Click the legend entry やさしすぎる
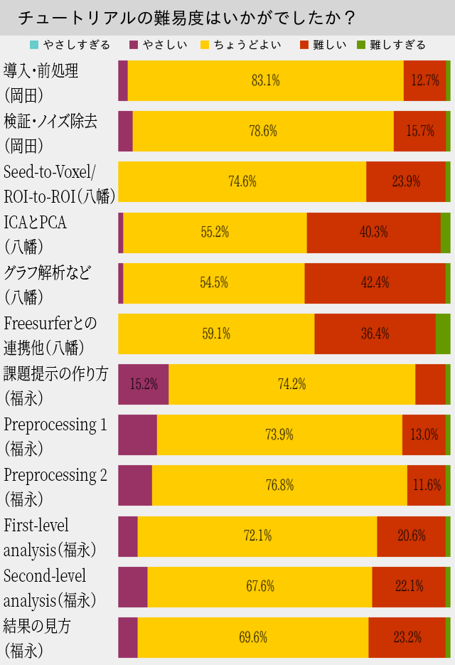(70, 45)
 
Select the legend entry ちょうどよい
(241, 45)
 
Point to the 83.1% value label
(266, 80)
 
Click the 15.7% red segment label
(420, 131)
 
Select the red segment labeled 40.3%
(374, 232)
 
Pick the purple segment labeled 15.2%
(144, 384)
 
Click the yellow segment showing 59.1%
(216, 334)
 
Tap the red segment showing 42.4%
(375, 282)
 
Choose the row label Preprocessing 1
(55, 425)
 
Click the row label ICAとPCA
(36, 223)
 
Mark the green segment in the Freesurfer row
(443, 334)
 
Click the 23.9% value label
(406, 181)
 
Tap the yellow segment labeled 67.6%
(260, 587)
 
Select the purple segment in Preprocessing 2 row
(135, 485)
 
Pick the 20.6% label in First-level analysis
(412, 536)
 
